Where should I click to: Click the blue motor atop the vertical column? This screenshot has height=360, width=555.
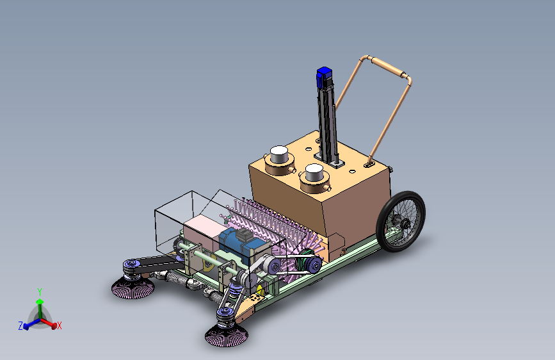(324, 77)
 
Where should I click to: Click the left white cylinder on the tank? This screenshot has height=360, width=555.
(279, 154)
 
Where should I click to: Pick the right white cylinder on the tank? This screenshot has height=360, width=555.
(314, 172)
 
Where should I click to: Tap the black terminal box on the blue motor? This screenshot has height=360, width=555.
(245, 234)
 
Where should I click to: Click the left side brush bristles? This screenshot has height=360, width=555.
(133, 288)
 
